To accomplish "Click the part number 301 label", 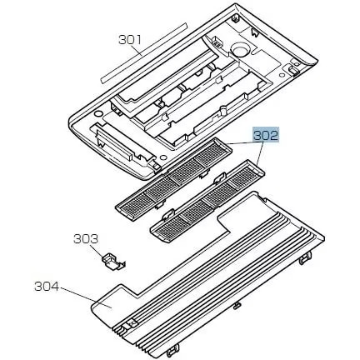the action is tap(130, 40).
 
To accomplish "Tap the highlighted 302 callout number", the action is tap(266, 136).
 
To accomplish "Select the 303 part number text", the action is tap(86, 239).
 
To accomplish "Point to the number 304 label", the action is tap(47, 287).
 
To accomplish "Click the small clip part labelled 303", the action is tap(113, 262).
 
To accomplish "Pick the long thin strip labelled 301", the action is tap(143, 52).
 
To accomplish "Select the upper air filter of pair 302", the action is tap(173, 178).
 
